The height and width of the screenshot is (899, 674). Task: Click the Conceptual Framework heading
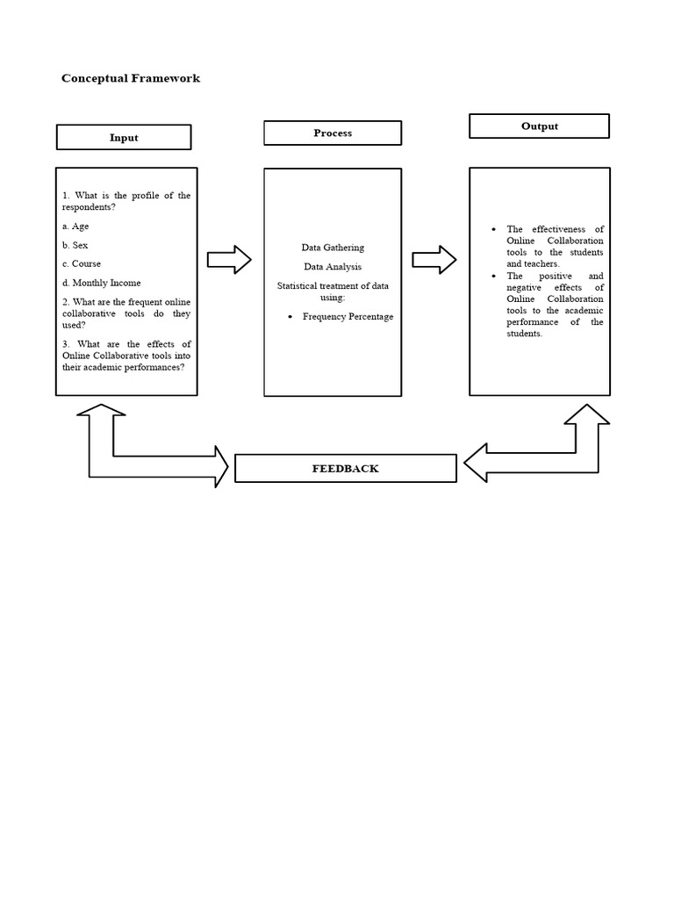point(131,78)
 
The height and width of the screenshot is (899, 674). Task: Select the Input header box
point(124,137)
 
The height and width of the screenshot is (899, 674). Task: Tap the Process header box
point(333,133)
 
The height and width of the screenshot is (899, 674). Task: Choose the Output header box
point(539,126)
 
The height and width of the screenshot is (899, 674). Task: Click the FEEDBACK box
point(346,468)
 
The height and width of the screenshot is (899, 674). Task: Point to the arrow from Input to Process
point(229,259)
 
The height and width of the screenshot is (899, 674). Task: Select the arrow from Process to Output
point(434,259)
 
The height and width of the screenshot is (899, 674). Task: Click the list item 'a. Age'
point(75,227)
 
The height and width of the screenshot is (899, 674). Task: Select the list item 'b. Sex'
point(75,245)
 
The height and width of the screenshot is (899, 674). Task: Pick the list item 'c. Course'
point(82,263)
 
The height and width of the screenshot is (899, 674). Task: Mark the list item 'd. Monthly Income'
point(102,283)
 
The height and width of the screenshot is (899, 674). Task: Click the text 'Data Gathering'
point(333,248)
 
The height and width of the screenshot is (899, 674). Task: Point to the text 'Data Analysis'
point(333,266)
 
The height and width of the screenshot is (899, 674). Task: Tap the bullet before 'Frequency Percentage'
point(290,316)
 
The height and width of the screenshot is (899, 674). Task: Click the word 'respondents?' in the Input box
point(89,207)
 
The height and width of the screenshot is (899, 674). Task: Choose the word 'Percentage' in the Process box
point(371,316)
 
